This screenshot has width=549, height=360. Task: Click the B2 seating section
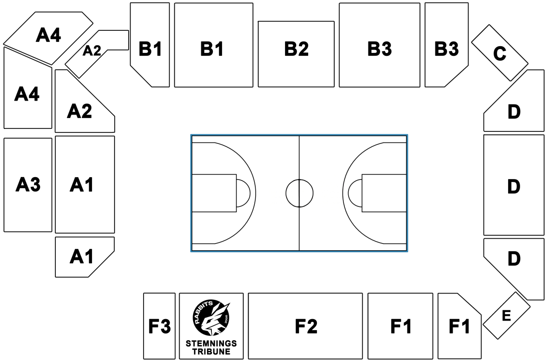(296, 54)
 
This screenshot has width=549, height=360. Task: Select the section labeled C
(499, 53)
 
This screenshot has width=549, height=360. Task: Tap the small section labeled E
(506, 315)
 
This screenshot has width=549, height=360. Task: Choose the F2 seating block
(305, 326)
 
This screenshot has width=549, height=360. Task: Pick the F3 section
(159, 326)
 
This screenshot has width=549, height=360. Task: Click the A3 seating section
(27, 184)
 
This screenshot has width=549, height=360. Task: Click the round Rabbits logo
(211, 317)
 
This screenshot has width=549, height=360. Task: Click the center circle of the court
(299, 193)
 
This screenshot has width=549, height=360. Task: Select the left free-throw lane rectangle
(214, 193)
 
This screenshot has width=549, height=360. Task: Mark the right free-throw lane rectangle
(384, 193)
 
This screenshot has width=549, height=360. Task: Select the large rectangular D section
(513, 185)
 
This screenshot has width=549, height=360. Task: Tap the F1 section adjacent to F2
(400, 326)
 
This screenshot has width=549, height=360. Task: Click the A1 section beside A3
(85, 184)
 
